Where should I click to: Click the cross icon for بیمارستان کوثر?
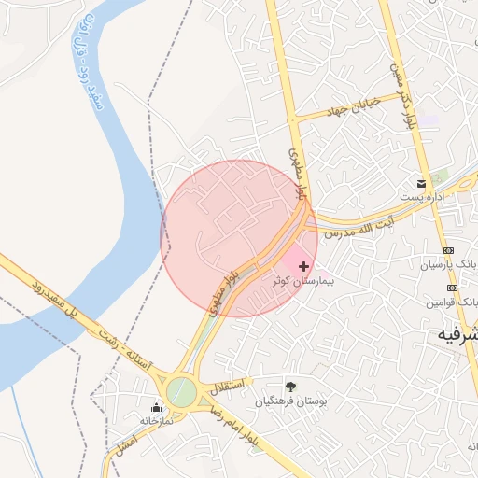303,267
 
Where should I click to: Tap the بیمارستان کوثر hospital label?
303,280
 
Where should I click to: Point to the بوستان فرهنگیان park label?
289,401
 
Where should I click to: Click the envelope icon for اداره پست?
422,181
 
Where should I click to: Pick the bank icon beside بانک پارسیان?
449,250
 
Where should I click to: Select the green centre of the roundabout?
182,391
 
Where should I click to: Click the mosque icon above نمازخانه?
156,407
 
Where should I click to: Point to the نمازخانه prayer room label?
149,420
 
